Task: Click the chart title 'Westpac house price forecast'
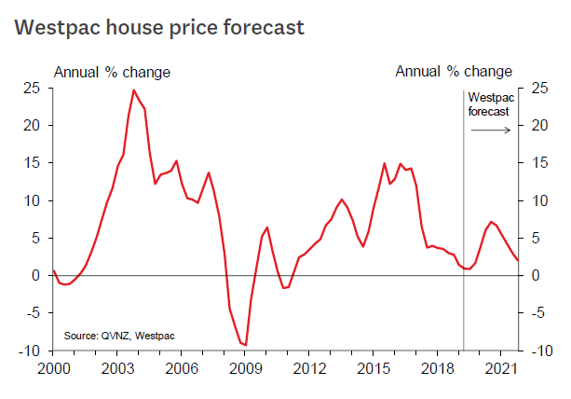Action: pyautogui.click(x=159, y=28)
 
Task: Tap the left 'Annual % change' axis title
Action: pyautogui.click(x=112, y=72)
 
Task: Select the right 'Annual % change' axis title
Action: pyautogui.click(x=454, y=72)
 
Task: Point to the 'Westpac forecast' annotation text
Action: pyautogui.click(x=489, y=103)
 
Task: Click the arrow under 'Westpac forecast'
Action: pyautogui.click(x=492, y=130)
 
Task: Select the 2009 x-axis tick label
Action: pyautogui.click(x=245, y=368)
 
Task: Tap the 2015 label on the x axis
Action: pyautogui.click(x=373, y=368)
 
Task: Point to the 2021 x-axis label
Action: pyautogui.click(x=499, y=368)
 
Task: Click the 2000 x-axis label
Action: pyautogui.click(x=55, y=368)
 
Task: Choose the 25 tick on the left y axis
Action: pyautogui.click(x=32, y=88)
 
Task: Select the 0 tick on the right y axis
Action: pyautogui.click(x=534, y=276)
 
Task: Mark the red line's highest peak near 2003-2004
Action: pyautogui.click(x=134, y=90)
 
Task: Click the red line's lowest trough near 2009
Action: pyautogui.click(x=245, y=345)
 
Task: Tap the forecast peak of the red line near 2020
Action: pyautogui.click(x=491, y=222)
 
